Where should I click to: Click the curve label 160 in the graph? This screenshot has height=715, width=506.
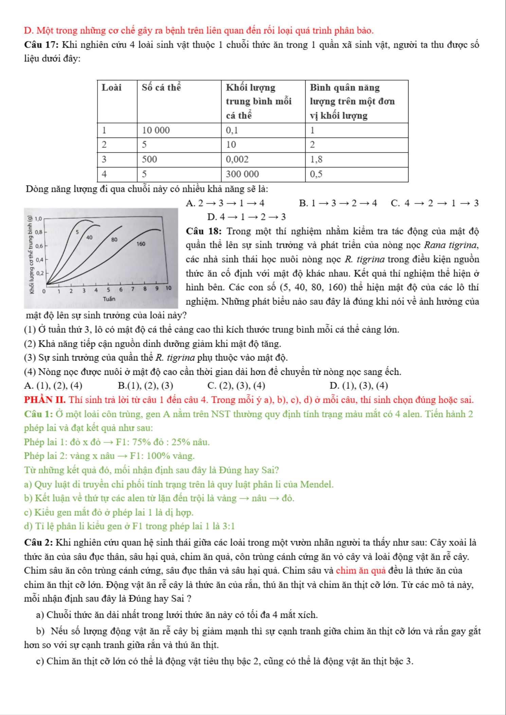click(141, 244)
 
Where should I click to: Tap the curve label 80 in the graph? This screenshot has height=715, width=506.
click(114, 239)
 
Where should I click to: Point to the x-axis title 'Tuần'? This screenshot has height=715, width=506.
click(109, 299)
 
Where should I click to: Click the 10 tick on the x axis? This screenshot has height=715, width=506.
click(168, 288)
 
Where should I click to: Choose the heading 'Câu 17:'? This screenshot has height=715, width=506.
click(41, 45)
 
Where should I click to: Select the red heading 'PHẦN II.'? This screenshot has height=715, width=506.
click(45, 400)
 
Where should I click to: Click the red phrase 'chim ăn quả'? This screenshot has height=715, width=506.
click(361, 571)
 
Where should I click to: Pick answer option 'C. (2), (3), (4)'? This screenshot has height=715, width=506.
click(236, 386)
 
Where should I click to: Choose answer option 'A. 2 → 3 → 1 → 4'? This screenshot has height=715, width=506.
click(225, 203)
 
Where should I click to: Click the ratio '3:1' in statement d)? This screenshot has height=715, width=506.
click(228, 527)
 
